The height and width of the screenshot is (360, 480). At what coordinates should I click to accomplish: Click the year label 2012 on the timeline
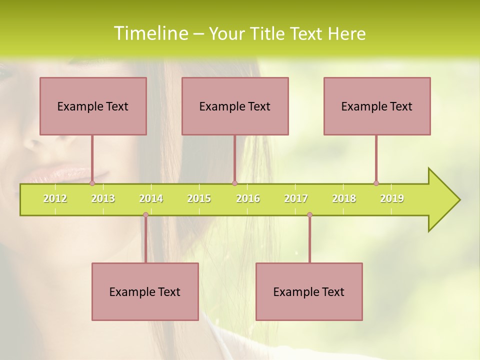coord(55,198)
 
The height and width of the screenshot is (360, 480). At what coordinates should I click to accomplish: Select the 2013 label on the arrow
coord(103,198)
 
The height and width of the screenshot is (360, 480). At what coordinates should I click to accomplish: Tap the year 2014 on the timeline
coord(151,198)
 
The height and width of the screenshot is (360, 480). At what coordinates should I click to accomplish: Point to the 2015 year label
coord(199,198)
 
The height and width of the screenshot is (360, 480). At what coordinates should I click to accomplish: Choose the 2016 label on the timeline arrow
coord(248,198)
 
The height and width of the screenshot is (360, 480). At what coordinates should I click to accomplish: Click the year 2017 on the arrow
coord(296,198)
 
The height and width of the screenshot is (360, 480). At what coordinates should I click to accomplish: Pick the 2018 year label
coord(344,198)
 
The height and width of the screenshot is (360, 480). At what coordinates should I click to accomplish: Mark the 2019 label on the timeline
coord(392,198)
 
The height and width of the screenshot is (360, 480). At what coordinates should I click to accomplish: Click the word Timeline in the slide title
coord(150,33)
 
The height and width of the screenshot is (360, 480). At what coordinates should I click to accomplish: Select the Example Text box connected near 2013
coord(93,106)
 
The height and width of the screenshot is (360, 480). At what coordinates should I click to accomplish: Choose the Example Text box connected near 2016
coord(235,106)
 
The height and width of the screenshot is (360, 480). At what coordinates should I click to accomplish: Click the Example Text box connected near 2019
coord(377,106)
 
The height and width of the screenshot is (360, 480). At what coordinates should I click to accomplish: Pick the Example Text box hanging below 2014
coord(145,291)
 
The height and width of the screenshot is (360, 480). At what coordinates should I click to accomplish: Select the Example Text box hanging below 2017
coord(309,291)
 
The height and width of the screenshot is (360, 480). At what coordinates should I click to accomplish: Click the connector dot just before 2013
coord(92,183)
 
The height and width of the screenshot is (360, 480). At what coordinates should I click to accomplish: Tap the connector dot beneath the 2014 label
coord(145,215)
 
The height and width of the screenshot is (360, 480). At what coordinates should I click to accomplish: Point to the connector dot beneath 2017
coord(309,215)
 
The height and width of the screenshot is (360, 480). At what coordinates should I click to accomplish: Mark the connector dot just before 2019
coord(376,183)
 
